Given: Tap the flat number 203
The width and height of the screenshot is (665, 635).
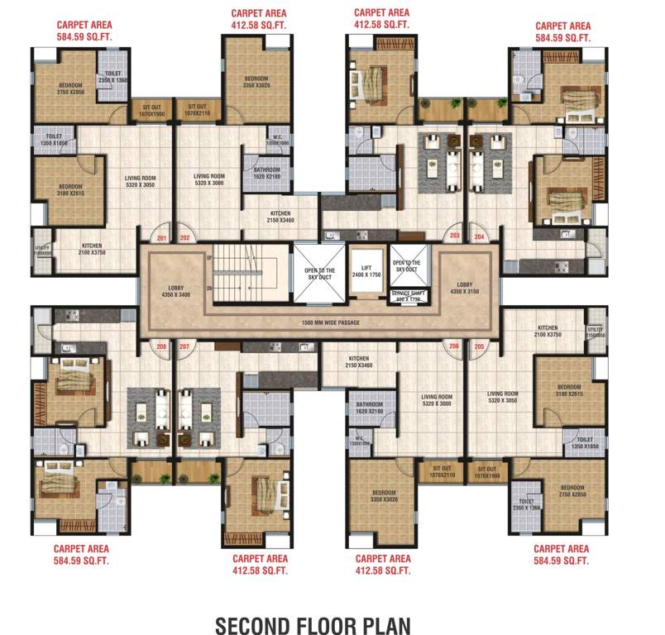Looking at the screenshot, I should tap(454, 236).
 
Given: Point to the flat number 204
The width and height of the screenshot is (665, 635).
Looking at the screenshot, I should tap(479, 236).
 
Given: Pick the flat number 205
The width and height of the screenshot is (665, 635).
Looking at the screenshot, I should tap(479, 346).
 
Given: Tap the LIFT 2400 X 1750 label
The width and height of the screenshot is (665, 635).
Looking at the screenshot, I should tap(366, 272).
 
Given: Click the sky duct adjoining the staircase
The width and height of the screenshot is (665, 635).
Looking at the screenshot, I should tap(319, 274).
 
